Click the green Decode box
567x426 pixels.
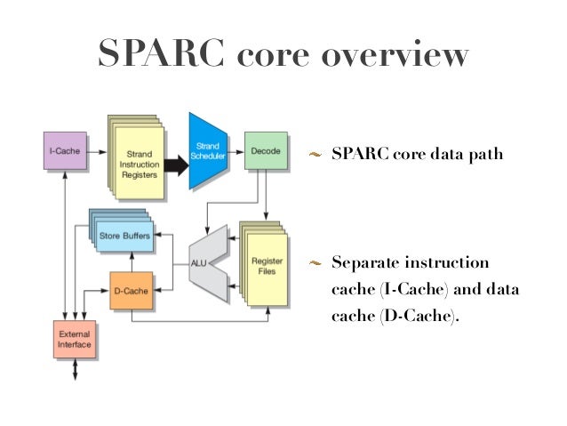pos(265,150)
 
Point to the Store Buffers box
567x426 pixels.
pos(122,236)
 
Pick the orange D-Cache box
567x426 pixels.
pos(131,291)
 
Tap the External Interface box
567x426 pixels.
pos(74,341)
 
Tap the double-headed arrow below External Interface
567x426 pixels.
pos(75,370)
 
